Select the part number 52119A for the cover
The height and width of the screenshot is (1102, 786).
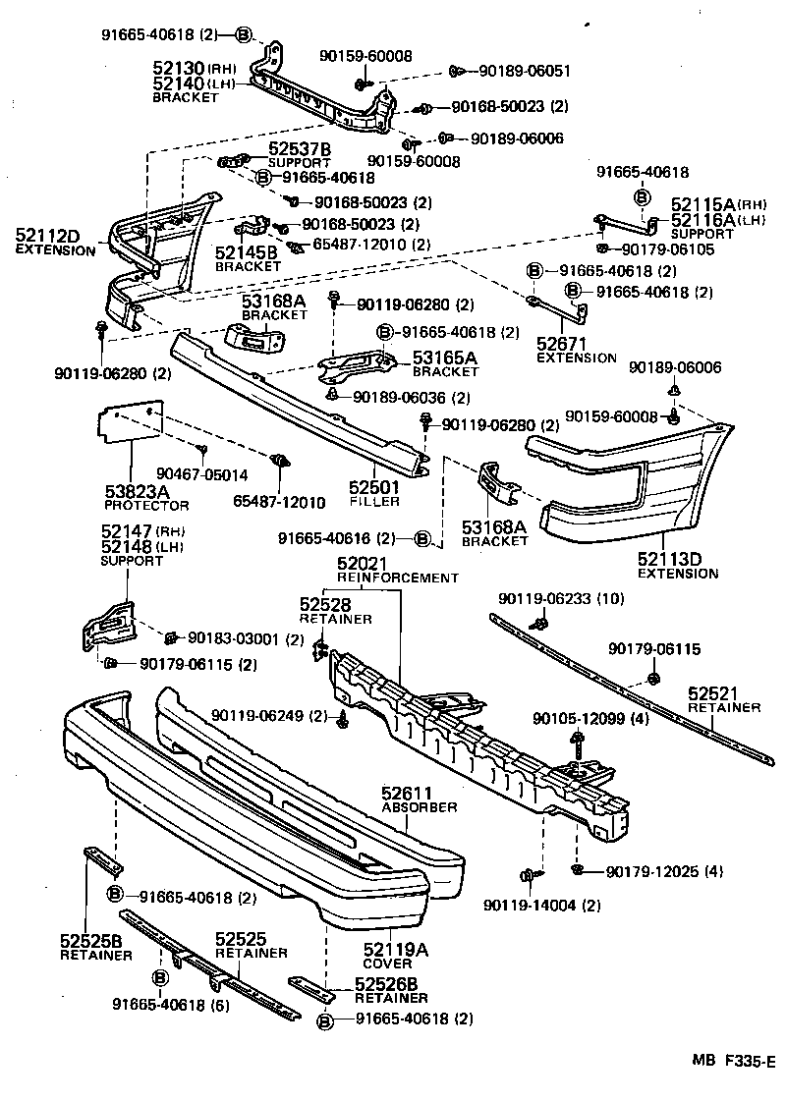tap(396, 949)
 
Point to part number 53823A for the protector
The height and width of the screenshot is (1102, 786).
tap(139, 491)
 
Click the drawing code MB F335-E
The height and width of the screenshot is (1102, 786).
tap(733, 1061)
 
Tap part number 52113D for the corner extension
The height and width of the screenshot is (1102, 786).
tap(671, 560)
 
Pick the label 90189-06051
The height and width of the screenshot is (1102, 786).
tap(525, 71)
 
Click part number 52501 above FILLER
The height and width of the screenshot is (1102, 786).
tap(374, 487)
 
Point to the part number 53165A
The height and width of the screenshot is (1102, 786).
tap(444, 358)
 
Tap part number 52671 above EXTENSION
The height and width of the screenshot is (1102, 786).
tap(562, 344)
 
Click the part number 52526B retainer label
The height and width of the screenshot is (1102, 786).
tap(386, 985)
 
